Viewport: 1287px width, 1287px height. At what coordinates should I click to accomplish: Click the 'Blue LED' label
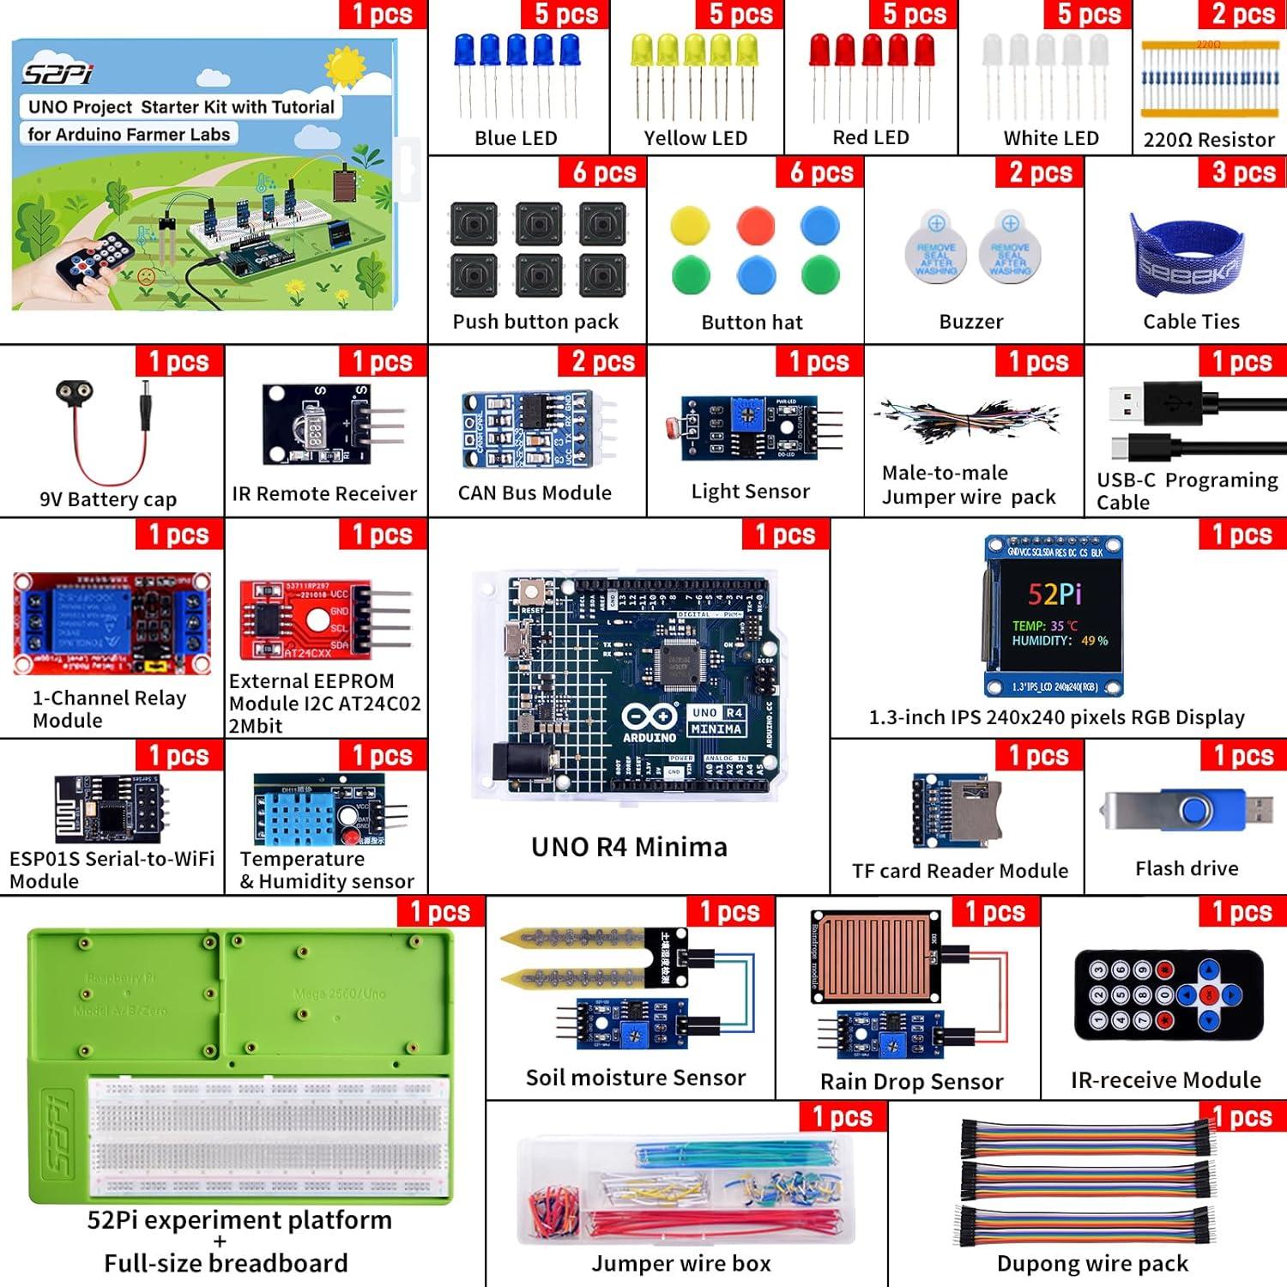click(516, 138)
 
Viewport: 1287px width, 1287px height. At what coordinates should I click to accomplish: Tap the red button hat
click(755, 226)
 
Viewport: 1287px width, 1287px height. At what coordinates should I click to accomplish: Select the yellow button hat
click(690, 226)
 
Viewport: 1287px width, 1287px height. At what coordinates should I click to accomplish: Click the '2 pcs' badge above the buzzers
click(1040, 172)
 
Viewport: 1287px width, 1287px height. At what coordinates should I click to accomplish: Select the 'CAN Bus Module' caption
click(535, 492)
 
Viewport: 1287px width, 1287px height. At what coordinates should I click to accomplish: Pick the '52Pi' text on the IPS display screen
click(1054, 594)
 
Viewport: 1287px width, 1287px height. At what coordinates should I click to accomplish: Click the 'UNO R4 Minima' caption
click(629, 847)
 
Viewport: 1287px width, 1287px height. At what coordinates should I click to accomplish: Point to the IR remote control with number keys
click(1169, 994)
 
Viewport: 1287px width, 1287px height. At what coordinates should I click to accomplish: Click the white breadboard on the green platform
click(268, 1137)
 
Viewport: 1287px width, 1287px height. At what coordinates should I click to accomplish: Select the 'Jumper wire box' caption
click(680, 1263)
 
